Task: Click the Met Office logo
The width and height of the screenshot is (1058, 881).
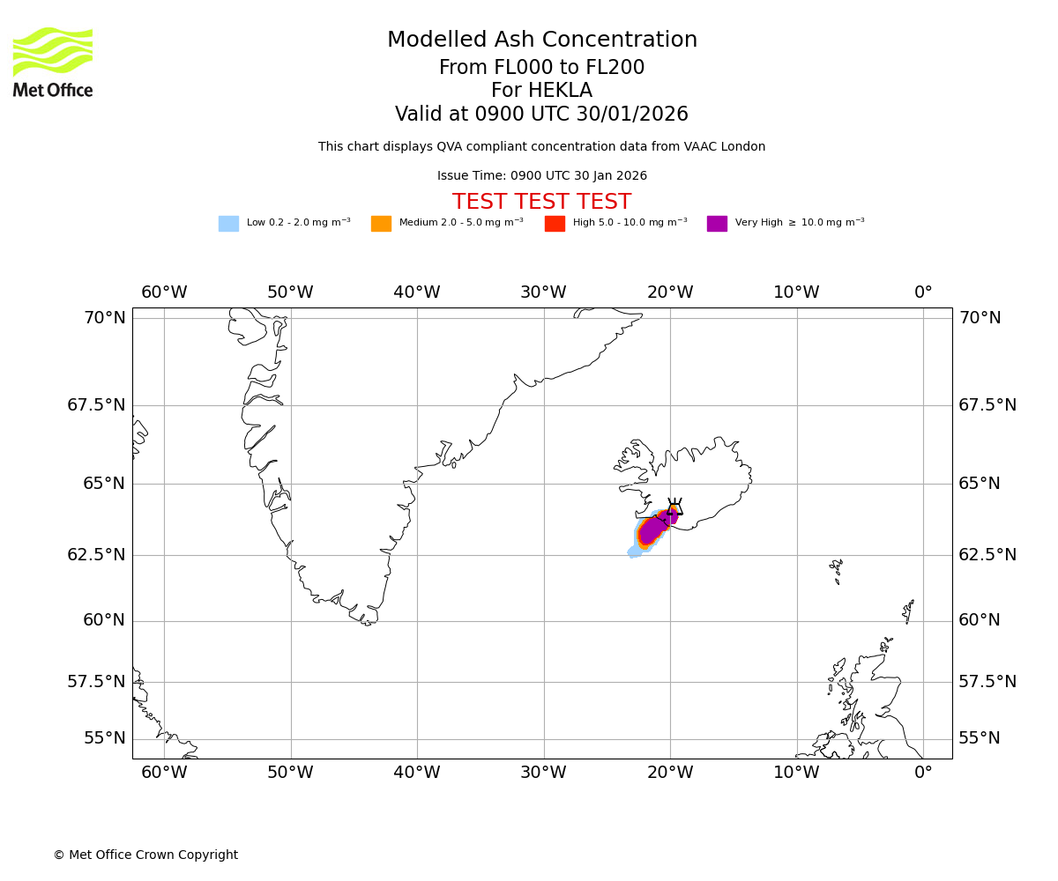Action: pos(53,62)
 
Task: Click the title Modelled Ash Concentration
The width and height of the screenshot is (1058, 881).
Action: pos(542,41)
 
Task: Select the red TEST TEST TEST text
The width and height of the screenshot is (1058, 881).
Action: pos(542,203)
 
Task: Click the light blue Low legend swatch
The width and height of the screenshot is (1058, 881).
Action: pos(228,224)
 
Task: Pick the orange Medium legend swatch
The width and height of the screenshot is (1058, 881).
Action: pos(381,224)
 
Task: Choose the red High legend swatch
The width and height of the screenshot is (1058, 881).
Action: pos(555,224)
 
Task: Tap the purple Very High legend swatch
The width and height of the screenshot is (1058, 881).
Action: pos(717,224)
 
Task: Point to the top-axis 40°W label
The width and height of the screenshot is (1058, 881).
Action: pos(416,292)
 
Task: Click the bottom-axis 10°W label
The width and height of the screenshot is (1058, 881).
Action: pos(796,773)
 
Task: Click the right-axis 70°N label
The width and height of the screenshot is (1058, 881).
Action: pos(980,318)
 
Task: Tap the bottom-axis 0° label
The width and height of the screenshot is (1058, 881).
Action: pos(923,773)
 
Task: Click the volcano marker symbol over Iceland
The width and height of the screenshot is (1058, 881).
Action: pos(674,507)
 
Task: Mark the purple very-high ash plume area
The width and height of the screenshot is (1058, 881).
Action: pos(654,529)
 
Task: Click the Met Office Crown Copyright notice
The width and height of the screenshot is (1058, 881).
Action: pos(145,855)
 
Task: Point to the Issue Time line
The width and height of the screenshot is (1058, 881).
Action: pos(542,176)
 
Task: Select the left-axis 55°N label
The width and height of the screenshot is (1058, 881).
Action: pos(105,738)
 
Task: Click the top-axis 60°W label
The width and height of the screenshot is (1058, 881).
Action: pos(164,292)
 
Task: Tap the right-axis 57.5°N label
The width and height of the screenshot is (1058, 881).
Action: pos(987,682)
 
